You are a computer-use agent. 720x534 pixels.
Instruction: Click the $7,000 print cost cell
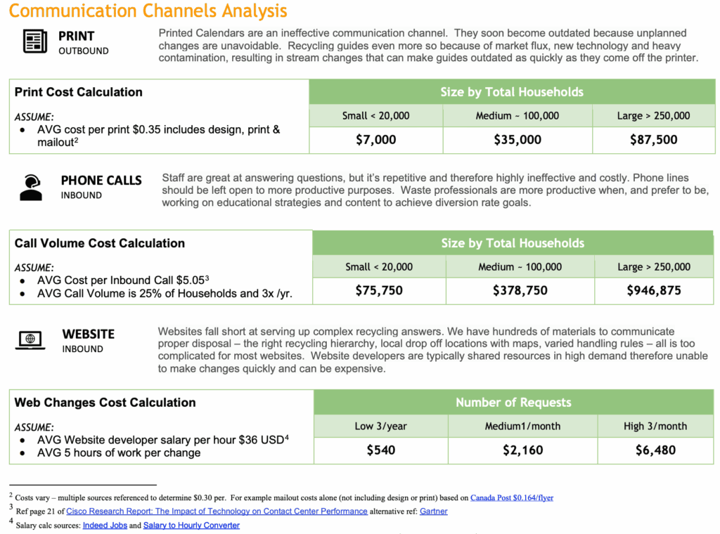[x=376, y=140]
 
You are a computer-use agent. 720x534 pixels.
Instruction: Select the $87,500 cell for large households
[x=653, y=140]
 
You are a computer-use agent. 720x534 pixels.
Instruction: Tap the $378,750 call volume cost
[x=520, y=290]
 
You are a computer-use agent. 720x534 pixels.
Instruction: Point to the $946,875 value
[x=654, y=290]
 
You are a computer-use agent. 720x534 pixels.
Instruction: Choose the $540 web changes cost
[x=380, y=450]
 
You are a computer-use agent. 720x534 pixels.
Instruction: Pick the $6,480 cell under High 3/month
[x=655, y=450]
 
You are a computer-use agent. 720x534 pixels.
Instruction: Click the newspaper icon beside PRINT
[x=34, y=41]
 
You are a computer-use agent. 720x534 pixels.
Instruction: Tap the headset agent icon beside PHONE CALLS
[x=31, y=187]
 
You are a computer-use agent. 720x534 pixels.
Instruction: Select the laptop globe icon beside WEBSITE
[x=30, y=340]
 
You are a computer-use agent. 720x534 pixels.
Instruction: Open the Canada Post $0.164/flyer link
[x=511, y=497]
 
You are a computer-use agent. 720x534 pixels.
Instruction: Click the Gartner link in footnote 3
[x=433, y=511]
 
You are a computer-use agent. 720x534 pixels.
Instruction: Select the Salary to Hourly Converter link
[x=191, y=525]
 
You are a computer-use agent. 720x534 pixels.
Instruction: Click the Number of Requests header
[x=513, y=403]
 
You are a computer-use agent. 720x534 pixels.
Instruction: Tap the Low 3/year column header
[x=380, y=426]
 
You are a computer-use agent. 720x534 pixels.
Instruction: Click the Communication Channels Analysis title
[x=148, y=11]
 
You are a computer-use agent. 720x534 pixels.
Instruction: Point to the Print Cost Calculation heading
[x=78, y=92]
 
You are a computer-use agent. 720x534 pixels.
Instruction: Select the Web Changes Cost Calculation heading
[x=105, y=403]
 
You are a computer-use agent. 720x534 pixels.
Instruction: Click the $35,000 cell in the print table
[x=517, y=140]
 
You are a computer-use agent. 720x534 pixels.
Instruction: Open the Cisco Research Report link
[x=217, y=511]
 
